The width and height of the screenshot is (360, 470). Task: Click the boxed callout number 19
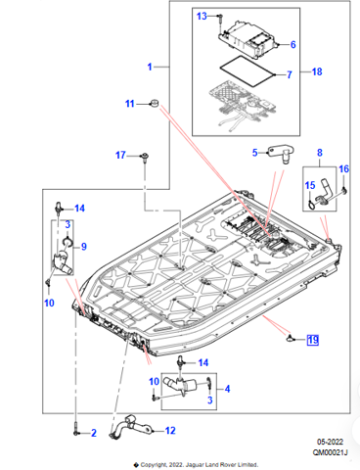click(x=313, y=340)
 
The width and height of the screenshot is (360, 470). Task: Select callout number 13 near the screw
click(x=202, y=16)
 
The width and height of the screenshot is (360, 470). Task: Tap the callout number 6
click(x=292, y=44)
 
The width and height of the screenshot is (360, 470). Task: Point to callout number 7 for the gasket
click(x=290, y=74)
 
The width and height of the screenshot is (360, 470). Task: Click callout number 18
click(x=317, y=71)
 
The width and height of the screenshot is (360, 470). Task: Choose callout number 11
click(x=130, y=104)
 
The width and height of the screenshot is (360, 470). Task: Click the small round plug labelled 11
click(x=154, y=103)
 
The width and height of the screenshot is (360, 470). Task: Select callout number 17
click(x=120, y=155)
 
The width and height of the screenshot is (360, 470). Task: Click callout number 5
click(x=255, y=153)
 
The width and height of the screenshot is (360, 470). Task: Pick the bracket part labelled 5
click(x=281, y=154)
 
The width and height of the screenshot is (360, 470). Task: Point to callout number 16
click(x=343, y=168)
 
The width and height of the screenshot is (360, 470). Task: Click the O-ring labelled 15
click(x=312, y=206)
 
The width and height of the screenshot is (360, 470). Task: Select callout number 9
click(x=84, y=247)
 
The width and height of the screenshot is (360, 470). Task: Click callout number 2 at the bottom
click(x=94, y=433)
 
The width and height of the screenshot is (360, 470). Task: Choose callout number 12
click(x=170, y=431)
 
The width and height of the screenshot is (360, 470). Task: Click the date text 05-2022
click(x=330, y=442)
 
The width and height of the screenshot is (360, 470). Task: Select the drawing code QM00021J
click(x=331, y=452)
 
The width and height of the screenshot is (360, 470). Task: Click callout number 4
click(x=227, y=389)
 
